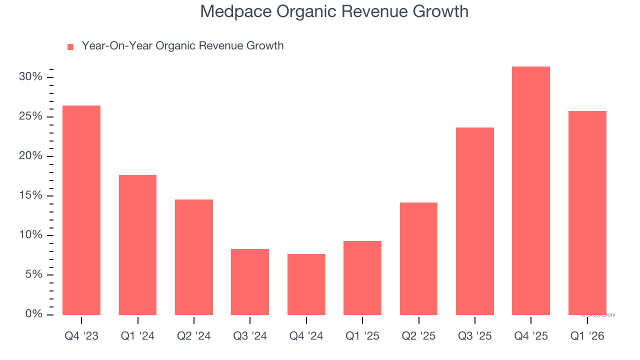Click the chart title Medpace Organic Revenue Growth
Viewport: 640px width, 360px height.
(x=334, y=11)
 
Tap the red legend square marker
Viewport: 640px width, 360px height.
(x=70, y=46)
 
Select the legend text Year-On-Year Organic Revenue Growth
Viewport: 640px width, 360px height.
(x=182, y=46)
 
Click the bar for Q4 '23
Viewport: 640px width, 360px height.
(x=81, y=210)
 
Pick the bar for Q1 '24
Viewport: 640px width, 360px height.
(x=137, y=245)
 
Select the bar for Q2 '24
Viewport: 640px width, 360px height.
(x=194, y=257)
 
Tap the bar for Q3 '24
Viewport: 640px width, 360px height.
(x=250, y=282)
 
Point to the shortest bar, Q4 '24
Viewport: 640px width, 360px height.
(x=306, y=284)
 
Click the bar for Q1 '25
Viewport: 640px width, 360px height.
(x=362, y=278)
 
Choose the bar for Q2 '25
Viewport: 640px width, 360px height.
(x=419, y=258)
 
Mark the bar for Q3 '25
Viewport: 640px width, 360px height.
(x=475, y=221)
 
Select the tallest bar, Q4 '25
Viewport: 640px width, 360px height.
(x=531, y=190)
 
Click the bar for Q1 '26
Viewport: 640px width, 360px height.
(x=587, y=213)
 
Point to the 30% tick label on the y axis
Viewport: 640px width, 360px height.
(x=30, y=77)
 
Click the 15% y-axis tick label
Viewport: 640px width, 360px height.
(x=30, y=195)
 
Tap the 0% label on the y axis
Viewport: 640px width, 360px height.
(x=33, y=314)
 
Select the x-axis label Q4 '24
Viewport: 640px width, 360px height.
(x=306, y=336)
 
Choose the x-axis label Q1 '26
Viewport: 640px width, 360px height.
(x=587, y=336)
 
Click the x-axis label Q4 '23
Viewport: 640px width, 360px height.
(x=81, y=336)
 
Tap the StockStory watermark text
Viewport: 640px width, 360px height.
(x=599, y=315)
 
